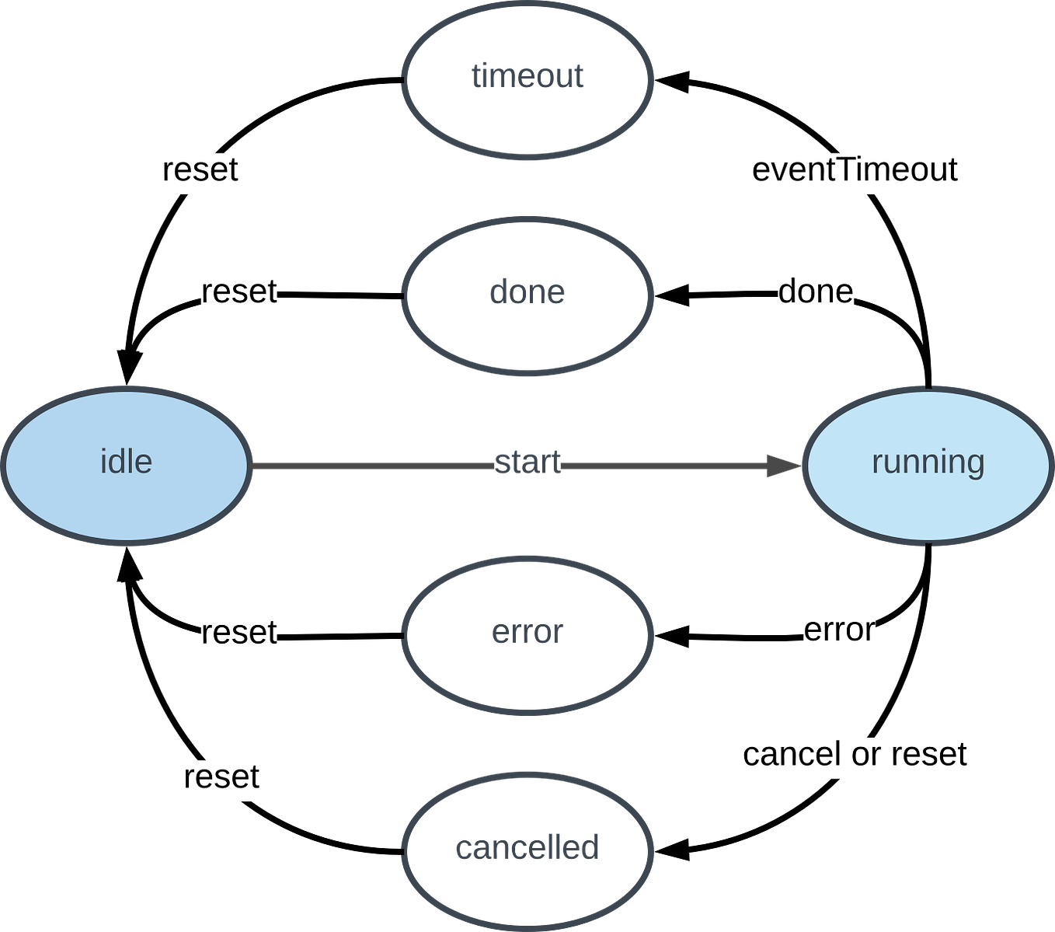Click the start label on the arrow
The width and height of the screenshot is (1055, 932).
[527, 463]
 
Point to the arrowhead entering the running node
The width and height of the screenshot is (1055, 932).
[782, 466]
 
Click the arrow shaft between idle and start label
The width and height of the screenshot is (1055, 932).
[373, 466]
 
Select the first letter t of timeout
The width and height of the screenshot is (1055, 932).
[475, 75]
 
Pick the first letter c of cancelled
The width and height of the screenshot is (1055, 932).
[461, 849]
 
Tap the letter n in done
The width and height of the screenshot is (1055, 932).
[538, 293]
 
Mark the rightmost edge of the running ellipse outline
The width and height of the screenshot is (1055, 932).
[1051, 466]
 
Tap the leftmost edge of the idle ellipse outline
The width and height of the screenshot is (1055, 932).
[3, 466]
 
